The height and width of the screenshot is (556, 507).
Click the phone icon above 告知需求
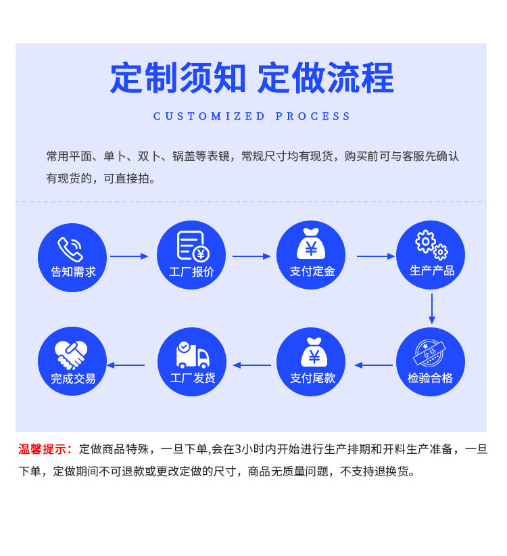coord(70,249)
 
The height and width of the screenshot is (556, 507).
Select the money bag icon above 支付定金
coord(311,244)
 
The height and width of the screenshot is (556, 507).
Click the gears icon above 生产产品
coord(431,245)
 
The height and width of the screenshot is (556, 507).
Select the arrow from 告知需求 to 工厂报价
coord(129,256)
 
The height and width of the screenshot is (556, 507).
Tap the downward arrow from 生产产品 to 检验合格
coord(431,308)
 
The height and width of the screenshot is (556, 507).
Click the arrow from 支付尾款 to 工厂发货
coord(251,365)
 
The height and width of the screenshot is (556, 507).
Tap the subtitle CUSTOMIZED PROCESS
coord(252,116)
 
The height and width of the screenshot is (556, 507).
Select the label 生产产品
coord(431,271)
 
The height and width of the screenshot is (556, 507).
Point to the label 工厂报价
coord(191,272)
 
